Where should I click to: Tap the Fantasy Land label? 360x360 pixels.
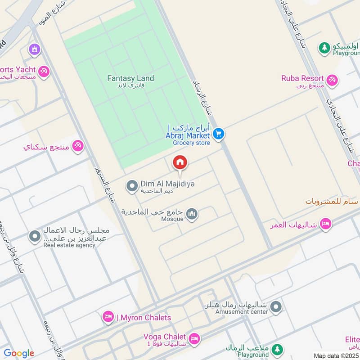point(130,78)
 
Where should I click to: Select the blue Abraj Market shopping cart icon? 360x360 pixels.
point(219,134)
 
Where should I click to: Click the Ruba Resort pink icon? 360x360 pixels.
point(332,80)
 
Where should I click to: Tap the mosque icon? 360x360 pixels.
point(192,214)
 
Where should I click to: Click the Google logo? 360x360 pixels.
point(18,353)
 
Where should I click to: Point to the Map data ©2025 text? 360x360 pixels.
point(335,355)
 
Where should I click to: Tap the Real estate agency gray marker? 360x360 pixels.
point(35,236)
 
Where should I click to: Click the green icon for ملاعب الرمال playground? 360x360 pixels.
point(278,349)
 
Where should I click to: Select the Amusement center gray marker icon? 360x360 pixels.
point(276,307)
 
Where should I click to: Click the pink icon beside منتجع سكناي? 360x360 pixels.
point(78,146)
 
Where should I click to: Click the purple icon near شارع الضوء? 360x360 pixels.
point(34,49)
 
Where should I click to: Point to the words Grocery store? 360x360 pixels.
point(192,143)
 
